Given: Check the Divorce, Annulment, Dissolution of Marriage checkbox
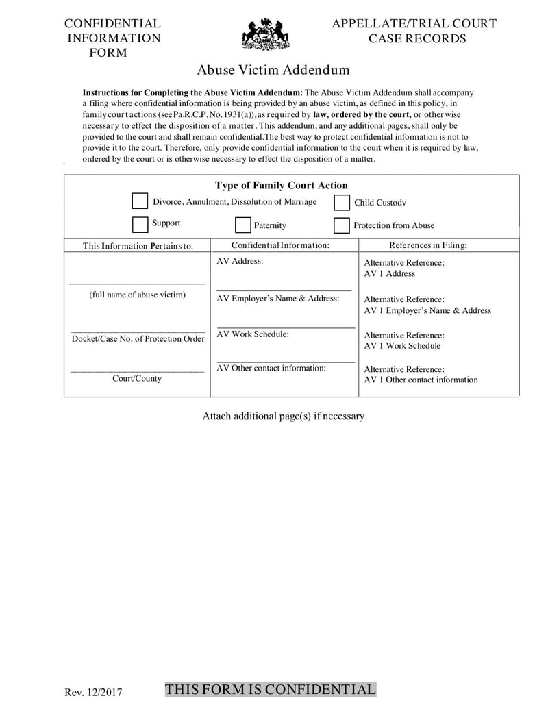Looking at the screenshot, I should pyautogui.click(x=140, y=201).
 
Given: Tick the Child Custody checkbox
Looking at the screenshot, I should pyautogui.click(x=342, y=203).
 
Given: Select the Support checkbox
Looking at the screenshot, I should pyautogui.click(x=140, y=224).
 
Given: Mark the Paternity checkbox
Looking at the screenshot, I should pyautogui.click(x=242, y=225).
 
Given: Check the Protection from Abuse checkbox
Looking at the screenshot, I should pyautogui.click(x=342, y=225).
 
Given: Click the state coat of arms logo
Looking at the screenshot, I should pyautogui.click(x=266, y=34).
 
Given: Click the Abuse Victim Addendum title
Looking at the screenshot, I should pyautogui.click(x=273, y=70).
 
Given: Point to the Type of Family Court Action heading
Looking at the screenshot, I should pyautogui.click(x=281, y=185).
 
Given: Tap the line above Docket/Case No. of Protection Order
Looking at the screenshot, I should pyautogui.click(x=137, y=331).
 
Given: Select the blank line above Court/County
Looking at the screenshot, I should pyautogui.click(x=137, y=371).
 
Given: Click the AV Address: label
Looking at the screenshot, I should pyautogui.click(x=240, y=261).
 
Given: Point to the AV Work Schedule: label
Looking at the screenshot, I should pyautogui.click(x=253, y=334).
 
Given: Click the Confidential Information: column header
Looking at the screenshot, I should pyautogui.click(x=280, y=245).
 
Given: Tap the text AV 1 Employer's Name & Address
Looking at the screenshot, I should pyautogui.click(x=427, y=310).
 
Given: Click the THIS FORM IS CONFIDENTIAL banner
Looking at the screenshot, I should pyautogui.click(x=271, y=689).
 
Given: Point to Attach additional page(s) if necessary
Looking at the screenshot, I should pyautogui.click(x=285, y=416).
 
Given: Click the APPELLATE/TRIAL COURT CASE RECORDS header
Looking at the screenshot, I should pyautogui.click(x=414, y=31).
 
